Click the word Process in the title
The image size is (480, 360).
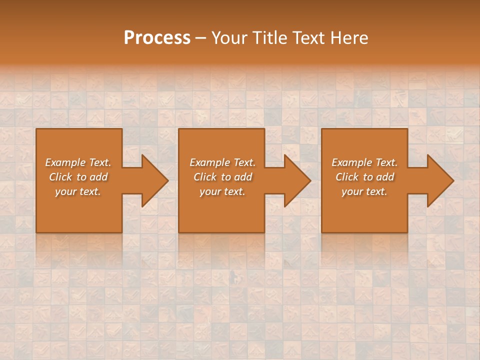click(x=157, y=37)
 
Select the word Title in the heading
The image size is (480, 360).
click(x=269, y=37)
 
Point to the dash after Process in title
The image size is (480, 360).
click(x=200, y=38)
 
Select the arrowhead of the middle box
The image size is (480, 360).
click(x=298, y=180)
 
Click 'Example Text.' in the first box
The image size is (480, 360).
click(x=78, y=162)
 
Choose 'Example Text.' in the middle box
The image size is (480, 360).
click(x=222, y=162)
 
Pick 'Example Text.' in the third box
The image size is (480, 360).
click(x=364, y=162)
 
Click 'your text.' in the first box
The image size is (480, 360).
click(x=78, y=191)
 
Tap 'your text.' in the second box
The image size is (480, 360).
click(x=222, y=191)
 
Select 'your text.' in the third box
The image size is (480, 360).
click(x=364, y=191)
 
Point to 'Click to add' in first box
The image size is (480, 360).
click(x=78, y=177)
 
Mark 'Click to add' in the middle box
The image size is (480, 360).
click(x=222, y=177)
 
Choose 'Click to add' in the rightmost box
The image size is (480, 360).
click(x=364, y=177)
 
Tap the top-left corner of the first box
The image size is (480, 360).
click(x=37, y=129)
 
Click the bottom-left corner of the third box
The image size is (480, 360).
click(x=322, y=232)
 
